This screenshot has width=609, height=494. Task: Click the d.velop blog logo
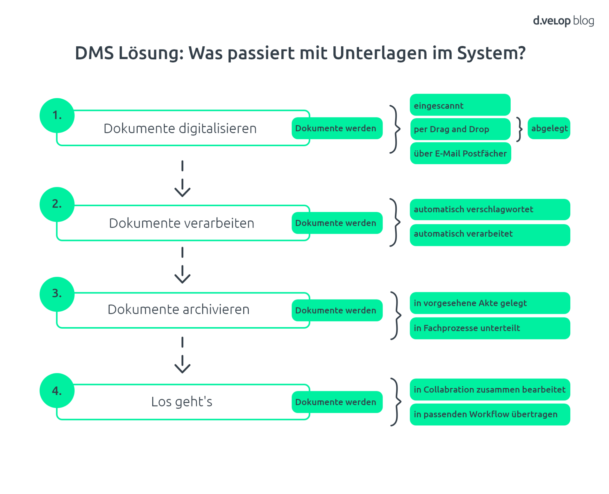tap(563, 21)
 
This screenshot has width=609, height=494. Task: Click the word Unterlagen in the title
tap(379, 53)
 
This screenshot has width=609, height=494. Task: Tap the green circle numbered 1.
tap(57, 115)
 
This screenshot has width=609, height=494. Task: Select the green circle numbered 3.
tap(57, 294)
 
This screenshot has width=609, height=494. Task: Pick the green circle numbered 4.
tap(57, 390)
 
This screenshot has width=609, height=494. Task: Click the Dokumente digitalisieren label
tap(180, 128)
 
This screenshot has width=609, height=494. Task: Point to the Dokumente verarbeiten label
tap(181, 223)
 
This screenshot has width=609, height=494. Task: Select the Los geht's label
tap(181, 402)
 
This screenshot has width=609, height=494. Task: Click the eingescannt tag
tap(460, 105)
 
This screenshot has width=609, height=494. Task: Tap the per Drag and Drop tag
tap(460, 129)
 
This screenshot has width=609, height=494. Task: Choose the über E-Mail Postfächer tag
tap(460, 153)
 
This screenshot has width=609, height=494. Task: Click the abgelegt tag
tap(549, 128)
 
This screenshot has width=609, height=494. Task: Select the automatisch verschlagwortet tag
tap(489, 209)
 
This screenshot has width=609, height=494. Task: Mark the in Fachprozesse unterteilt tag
tap(489, 328)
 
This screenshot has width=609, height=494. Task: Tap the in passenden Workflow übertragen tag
tap(489, 414)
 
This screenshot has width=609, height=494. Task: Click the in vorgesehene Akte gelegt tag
tap(489, 303)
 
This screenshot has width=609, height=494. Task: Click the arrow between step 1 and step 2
tap(182, 179)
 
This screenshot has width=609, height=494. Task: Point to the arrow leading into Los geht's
tap(182, 355)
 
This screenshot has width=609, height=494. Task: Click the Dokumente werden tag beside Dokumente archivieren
tap(337, 310)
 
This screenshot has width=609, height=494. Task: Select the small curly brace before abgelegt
tap(519, 129)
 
